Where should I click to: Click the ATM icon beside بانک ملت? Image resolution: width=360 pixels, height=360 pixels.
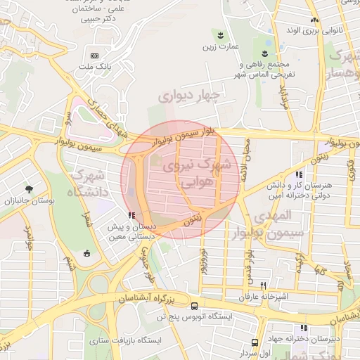pos(95,56)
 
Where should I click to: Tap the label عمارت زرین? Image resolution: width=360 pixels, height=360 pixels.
pos(218,47)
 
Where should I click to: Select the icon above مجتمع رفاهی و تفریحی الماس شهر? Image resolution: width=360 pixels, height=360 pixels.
pos(265,53)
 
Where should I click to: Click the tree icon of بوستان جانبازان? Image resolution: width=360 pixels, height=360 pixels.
pos(29,189)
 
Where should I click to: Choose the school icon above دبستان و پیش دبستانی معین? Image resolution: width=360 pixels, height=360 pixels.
pos(130,215)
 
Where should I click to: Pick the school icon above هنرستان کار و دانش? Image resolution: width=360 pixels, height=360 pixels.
pos(300,174)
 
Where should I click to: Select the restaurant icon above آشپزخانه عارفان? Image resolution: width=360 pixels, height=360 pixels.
pos(264,285)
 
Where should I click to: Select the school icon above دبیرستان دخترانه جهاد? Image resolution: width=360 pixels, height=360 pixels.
pos(304,328)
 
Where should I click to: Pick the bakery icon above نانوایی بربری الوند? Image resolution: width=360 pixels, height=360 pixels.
pos(314,20)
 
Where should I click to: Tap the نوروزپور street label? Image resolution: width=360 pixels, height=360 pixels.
pos(204,261)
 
